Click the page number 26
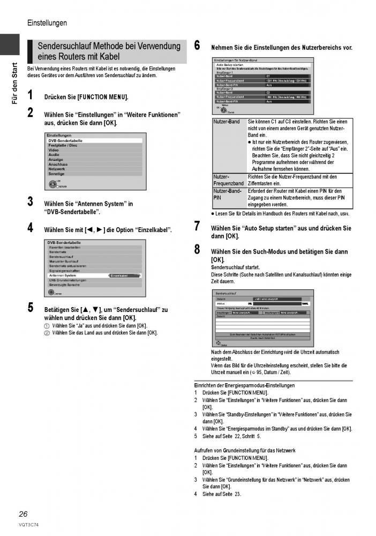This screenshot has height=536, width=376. pos(23,513)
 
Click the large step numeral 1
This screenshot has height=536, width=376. pos(31,96)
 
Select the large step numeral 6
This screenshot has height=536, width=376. pos(197,46)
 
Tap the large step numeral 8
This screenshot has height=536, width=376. pos(197,250)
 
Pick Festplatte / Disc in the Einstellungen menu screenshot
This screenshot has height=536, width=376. pos(63,145)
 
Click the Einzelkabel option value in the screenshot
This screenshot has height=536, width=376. pos(122,276)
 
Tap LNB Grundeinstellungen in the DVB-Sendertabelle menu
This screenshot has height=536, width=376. pos(68,280)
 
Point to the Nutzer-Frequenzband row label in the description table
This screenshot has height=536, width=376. pos(229,180)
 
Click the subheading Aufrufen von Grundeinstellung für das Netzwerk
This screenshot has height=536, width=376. pos(245,451)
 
